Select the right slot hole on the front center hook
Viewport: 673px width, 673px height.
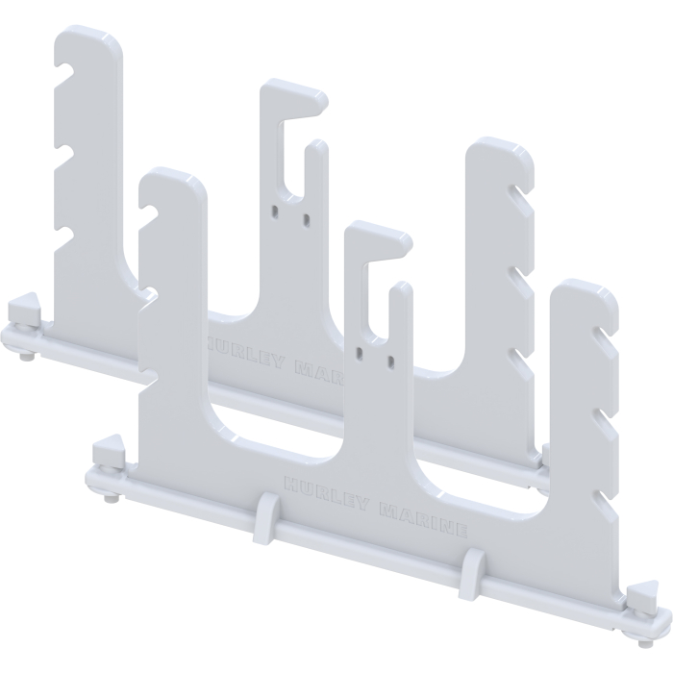[x=389, y=361]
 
